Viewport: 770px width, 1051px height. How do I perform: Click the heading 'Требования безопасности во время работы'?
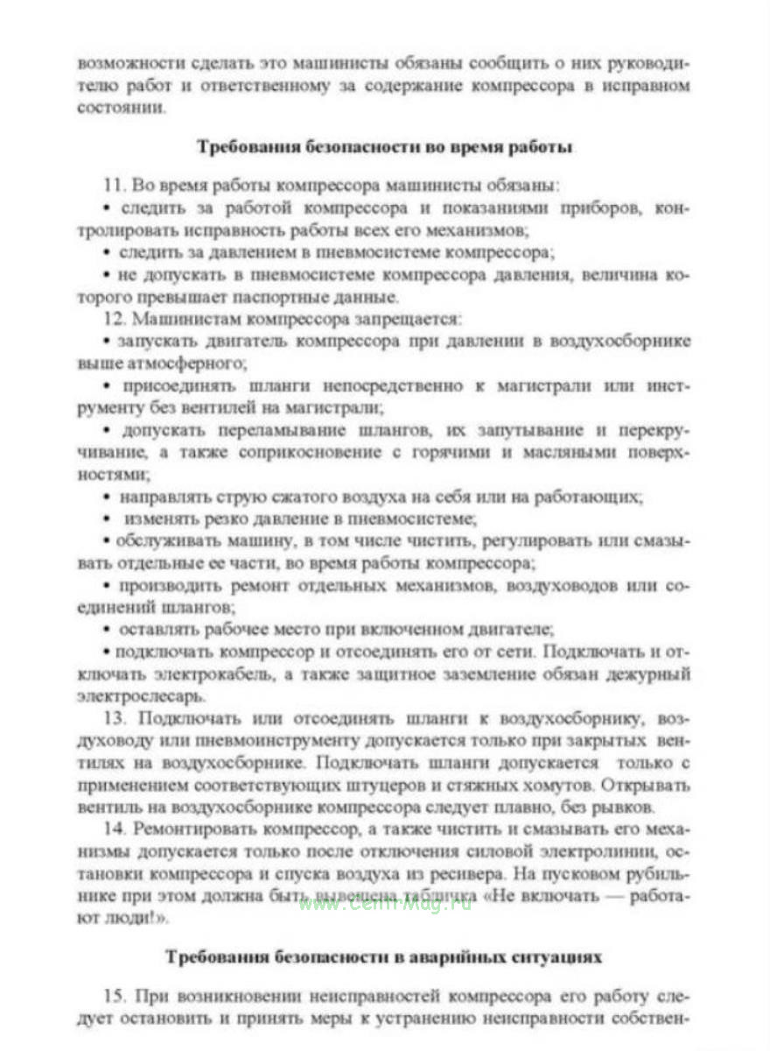tap(385, 146)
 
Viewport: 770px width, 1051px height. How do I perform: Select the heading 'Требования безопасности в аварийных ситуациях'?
tap(384, 957)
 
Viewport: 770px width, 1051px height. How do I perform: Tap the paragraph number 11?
tap(115, 187)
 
